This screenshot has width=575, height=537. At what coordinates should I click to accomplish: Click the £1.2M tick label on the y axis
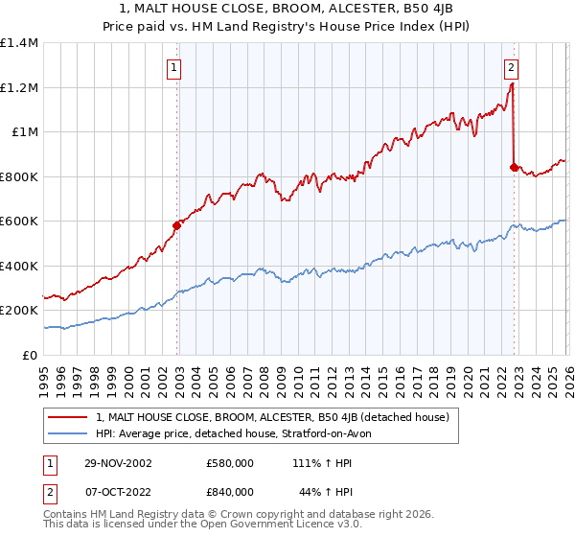tap(18, 87)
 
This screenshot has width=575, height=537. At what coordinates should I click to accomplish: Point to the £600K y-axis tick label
tap(18, 222)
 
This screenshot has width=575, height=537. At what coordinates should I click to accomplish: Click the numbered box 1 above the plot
tap(174, 67)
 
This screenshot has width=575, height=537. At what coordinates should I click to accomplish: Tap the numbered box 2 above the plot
tap(512, 67)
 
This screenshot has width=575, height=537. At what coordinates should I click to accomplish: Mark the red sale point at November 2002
tap(177, 226)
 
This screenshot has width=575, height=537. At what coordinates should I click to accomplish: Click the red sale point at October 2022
tap(514, 168)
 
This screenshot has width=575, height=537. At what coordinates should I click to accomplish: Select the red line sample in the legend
tap(69, 417)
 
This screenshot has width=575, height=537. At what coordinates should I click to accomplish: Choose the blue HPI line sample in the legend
tap(69, 433)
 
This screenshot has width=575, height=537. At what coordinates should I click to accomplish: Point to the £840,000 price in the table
tap(231, 491)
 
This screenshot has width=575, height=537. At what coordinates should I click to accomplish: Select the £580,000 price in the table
tap(231, 463)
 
